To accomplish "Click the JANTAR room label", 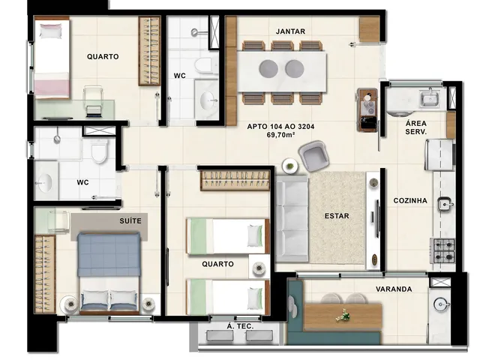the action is (x=290, y=31).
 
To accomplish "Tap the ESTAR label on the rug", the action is (x=337, y=216).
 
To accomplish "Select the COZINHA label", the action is (x=410, y=200).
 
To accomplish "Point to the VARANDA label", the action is (x=394, y=289).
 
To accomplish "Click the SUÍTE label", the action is (x=130, y=220).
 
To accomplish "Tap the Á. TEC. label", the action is (x=240, y=326).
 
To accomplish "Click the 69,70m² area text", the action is (x=280, y=134).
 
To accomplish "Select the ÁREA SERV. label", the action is (x=416, y=127).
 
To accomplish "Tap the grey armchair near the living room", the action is (x=314, y=156).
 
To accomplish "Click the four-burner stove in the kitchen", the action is (x=442, y=250).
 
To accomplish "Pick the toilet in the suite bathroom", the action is (x=99, y=151).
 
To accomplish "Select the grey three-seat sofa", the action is (x=292, y=218).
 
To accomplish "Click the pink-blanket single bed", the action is (x=52, y=58).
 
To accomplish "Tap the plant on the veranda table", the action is (x=343, y=316).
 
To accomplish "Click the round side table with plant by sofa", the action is (x=289, y=166).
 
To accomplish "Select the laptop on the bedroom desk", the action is (x=93, y=111).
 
